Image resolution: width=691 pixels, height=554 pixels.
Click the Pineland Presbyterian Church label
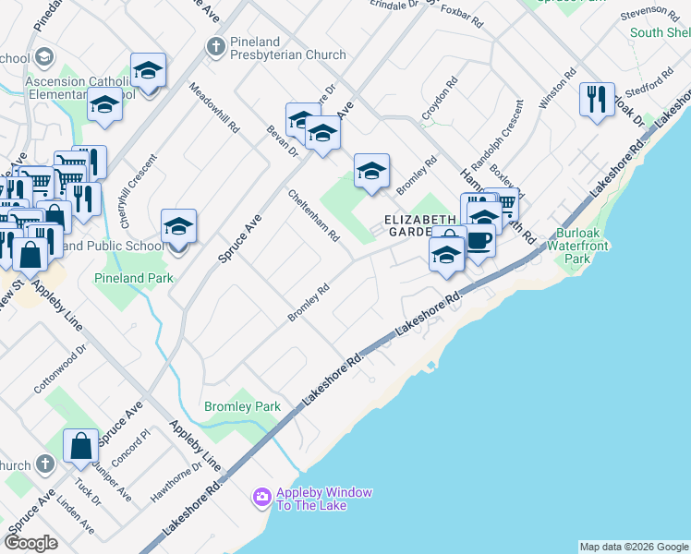[x=288, y=48]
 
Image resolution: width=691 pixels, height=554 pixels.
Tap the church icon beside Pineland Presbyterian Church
[x=215, y=45]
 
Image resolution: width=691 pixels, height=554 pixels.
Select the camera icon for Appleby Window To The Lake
[x=262, y=499]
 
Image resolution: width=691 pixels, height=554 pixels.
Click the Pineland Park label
[x=133, y=277]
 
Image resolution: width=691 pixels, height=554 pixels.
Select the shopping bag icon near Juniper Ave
[x=80, y=445]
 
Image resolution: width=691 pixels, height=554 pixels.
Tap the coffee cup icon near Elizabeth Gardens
[x=478, y=241]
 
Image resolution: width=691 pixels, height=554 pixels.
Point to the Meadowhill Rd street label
[x=214, y=108]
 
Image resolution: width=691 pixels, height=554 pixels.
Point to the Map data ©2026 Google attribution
[x=633, y=547]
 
